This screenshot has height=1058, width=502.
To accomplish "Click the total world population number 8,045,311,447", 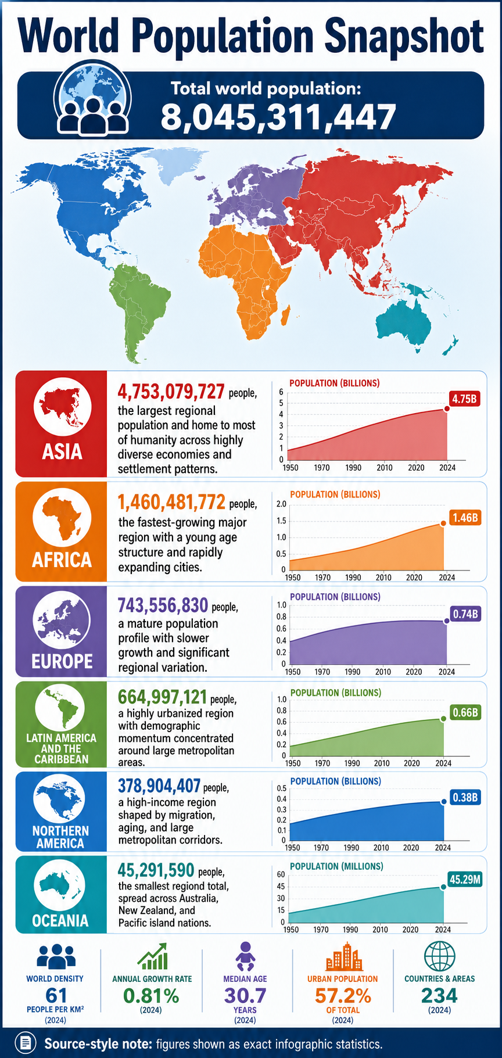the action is pos(278,117).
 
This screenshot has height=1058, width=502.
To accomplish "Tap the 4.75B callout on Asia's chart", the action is pos(465,399).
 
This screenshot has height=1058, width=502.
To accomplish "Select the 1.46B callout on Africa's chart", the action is pos(465,517).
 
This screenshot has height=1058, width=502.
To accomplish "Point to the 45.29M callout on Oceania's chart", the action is pos(465,879).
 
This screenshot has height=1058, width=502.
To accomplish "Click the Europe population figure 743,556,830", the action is pos(163,606).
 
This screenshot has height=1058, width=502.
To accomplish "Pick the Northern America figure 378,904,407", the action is pos(159,786).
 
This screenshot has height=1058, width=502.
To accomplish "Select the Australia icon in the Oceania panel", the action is pos(60,884).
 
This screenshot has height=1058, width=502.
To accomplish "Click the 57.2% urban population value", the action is pos(343,995).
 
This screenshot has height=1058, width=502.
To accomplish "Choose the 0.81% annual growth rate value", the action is pos(152,995).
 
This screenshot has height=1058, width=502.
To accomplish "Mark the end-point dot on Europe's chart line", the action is pos(447,621).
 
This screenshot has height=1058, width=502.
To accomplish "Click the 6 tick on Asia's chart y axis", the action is pos(281,392).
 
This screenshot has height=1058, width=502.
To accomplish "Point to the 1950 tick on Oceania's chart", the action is pos(291,930).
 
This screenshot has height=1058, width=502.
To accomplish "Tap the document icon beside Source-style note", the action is pos(25,1043).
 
